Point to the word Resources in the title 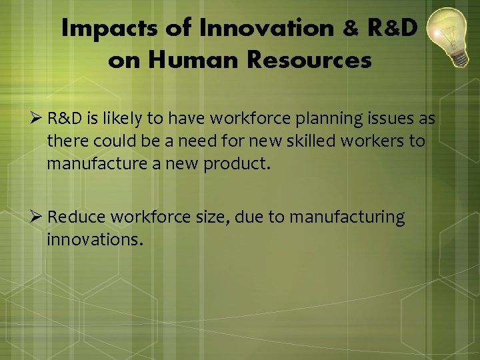(x=309, y=61)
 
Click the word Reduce (x=77, y=217)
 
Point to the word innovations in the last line (x=95, y=239)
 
